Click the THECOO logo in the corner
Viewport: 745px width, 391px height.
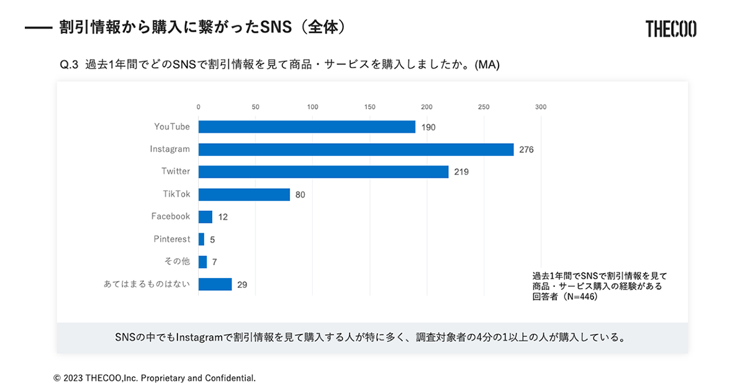pos(670,29)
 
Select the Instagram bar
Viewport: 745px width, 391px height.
pos(356,150)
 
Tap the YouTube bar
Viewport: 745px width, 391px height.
pos(307,127)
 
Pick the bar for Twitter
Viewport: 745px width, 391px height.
pos(323,172)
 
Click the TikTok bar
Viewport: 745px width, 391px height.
pos(244,194)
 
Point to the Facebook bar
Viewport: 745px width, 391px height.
pos(205,217)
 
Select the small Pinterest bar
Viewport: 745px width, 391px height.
pos(201,239)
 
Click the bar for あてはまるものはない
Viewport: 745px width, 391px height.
pos(215,284)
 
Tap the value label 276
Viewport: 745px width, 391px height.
pos(526,150)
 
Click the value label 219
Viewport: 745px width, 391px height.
pos(461,172)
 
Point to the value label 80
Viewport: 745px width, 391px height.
pos(300,195)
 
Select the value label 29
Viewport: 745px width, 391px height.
pos(242,285)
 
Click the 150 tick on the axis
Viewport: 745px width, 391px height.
pos(370,107)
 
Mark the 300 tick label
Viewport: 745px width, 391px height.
pos(541,107)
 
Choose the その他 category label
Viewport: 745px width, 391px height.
pos(178,261)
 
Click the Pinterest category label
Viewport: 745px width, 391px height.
pos(172,239)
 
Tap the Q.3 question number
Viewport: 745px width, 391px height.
pos(68,65)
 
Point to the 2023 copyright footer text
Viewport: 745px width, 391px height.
pos(155,377)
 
